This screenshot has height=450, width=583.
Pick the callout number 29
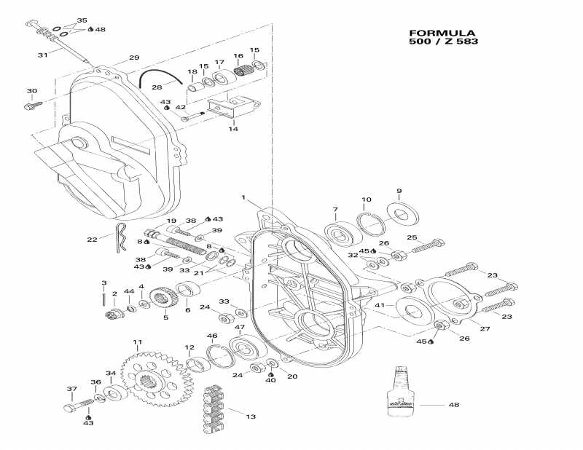133,58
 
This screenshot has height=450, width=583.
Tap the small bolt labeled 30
33,106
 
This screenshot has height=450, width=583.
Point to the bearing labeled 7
340,235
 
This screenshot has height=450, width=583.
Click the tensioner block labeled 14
234,108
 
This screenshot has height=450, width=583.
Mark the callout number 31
42,55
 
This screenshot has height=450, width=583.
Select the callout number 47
238,327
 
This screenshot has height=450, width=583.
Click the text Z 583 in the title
459,42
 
